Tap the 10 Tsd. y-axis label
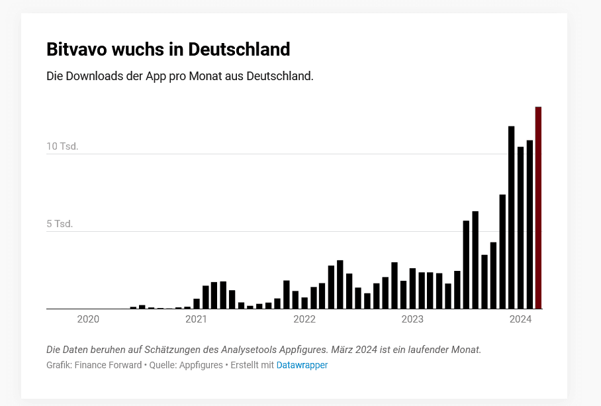[62, 146]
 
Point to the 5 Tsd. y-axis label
[60, 224]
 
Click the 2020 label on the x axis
[88, 320]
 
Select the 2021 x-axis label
[196, 320]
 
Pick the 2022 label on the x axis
[304, 320]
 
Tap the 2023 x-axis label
[412, 320]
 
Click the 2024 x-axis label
[521, 320]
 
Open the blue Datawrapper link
[302, 365]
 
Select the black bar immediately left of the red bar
[530, 225]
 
